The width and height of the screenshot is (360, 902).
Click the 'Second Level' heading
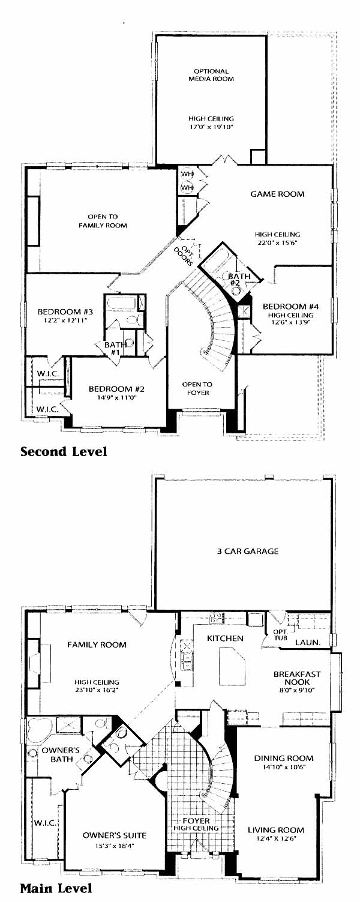coord(64,451)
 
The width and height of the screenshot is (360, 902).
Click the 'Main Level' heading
coord(56,888)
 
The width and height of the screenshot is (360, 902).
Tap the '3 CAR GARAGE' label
coord(248,551)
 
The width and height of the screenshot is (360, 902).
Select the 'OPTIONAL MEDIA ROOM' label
coord(211,75)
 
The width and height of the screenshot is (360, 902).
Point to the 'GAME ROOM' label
coord(277,194)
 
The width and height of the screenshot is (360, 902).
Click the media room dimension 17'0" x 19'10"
coord(211,127)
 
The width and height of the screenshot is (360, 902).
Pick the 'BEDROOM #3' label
coord(65,311)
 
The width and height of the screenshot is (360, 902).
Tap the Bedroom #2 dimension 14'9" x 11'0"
coord(116,397)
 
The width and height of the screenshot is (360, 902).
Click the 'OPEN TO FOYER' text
coord(197,388)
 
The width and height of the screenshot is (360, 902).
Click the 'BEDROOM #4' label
coord(290,306)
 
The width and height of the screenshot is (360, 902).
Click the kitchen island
coord(232,664)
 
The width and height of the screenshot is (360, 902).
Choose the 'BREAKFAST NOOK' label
coord(297,678)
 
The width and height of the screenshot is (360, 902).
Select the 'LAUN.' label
coord(308,642)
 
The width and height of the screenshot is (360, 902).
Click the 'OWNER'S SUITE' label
coord(115,835)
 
